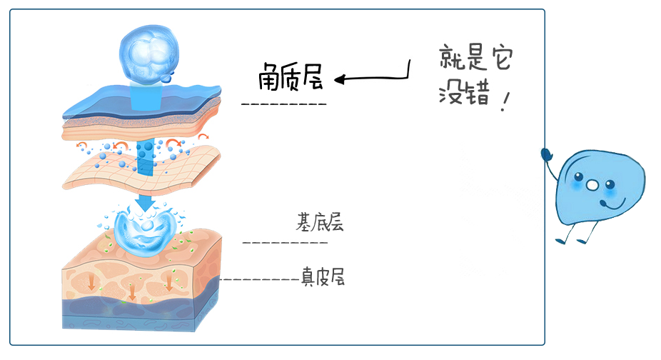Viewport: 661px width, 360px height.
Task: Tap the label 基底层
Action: [320, 222]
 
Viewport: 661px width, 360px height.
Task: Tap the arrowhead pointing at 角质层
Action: [340, 79]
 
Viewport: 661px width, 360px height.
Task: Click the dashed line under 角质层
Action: [284, 104]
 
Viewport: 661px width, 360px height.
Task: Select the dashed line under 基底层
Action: [286, 242]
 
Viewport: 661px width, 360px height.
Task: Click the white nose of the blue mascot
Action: [592, 186]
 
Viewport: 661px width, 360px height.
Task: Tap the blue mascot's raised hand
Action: [546, 153]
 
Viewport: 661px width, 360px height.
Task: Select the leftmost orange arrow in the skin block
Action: [91, 283]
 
